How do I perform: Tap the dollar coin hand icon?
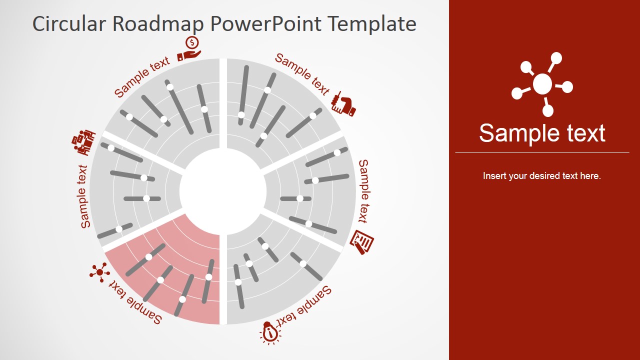tap(190, 48)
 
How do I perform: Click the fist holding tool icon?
tap(344, 104)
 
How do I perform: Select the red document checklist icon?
tap(362, 242)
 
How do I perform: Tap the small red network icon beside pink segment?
tap(99, 272)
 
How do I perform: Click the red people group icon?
tap(83, 142)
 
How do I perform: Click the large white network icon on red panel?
tap(542, 84)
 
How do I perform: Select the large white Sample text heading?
tap(542, 133)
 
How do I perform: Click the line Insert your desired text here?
tap(542, 176)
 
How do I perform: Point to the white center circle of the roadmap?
tap(223, 191)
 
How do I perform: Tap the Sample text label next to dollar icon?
tap(142, 76)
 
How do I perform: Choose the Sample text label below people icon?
tap(84, 196)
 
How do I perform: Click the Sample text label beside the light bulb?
tap(305, 307)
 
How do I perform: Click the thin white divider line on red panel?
tap(542, 152)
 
